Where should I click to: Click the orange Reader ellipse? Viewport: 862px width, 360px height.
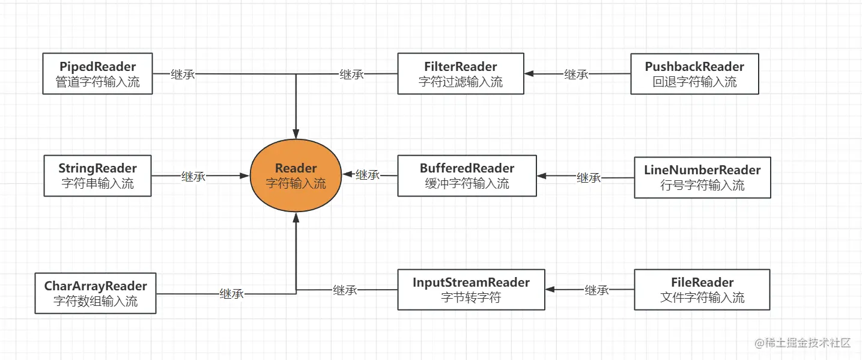pyautogui.click(x=296, y=175)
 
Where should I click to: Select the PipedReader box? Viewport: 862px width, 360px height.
pyautogui.click(x=97, y=74)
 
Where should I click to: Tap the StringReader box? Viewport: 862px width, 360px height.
pyautogui.click(x=97, y=175)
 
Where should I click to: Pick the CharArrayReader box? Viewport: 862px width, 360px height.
pyautogui.click(x=96, y=293)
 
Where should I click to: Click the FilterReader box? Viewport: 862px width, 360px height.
pyautogui.click(x=461, y=74)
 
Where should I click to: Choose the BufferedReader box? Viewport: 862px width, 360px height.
pyautogui.click(x=467, y=175)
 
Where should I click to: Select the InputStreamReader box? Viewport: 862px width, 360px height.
pyautogui.click(x=471, y=290)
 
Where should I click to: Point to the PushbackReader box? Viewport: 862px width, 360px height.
pyautogui.click(x=694, y=74)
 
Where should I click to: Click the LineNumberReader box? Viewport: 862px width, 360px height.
pyautogui.click(x=702, y=177)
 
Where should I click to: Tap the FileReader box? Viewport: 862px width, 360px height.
pyautogui.click(x=702, y=290)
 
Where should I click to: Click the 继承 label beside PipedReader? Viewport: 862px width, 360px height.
pyautogui.click(x=183, y=75)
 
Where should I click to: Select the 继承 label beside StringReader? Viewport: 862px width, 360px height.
pyautogui.click(x=193, y=177)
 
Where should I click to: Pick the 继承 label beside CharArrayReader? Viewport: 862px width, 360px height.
pyautogui.click(x=232, y=294)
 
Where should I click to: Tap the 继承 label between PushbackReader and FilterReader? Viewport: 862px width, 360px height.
pyautogui.click(x=576, y=75)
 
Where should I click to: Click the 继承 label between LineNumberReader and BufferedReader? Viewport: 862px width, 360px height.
pyautogui.click(x=589, y=177)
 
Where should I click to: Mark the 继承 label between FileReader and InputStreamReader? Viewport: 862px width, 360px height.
pyautogui.click(x=597, y=290)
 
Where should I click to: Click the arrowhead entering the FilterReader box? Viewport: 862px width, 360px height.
pyautogui.click(x=529, y=74)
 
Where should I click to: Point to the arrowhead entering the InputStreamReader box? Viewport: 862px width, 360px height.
pyautogui.click(x=550, y=290)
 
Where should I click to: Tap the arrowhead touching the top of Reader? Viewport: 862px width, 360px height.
pyautogui.click(x=296, y=134)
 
